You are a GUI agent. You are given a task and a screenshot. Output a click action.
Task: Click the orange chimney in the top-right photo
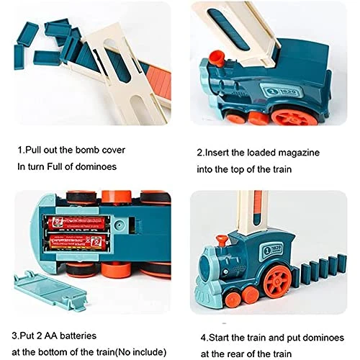click(217, 58)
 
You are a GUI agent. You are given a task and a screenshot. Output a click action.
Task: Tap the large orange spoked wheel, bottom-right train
click(278, 280)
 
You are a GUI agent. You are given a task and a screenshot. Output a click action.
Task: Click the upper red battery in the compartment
click(76, 223)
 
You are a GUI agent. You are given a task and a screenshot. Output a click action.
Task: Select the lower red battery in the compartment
click(78, 242)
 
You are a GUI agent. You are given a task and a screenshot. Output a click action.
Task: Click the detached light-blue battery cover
click(50, 291)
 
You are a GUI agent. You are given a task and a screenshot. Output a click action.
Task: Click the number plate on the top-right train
click(282, 91)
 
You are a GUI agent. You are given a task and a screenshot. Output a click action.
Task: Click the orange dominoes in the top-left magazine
click(161, 81)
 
